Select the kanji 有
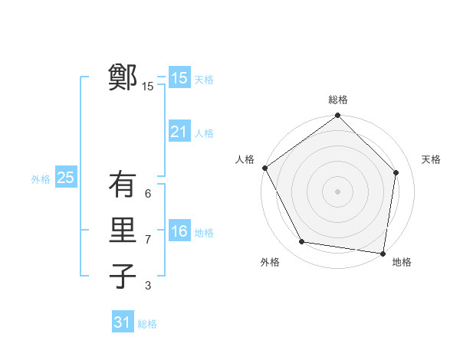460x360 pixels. (123, 185)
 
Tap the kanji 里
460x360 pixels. (123, 231)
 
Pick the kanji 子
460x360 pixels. (123, 276)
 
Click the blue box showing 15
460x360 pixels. (179, 77)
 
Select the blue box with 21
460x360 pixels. (179, 132)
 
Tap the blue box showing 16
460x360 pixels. (179, 231)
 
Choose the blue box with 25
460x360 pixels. (65, 178)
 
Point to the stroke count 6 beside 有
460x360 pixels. (148, 194)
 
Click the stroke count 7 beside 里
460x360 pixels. (148, 240)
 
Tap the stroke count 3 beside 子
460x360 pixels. (148, 286)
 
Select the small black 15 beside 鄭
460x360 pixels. (147, 87)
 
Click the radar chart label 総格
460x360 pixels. (338, 100)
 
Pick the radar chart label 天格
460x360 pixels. (431, 159)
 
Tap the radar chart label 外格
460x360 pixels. (270, 262)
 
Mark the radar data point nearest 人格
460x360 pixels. (265, 168)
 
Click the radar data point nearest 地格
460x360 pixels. (382, 253)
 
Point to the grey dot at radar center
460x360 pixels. (338, 191)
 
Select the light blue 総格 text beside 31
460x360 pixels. (147, 324)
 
